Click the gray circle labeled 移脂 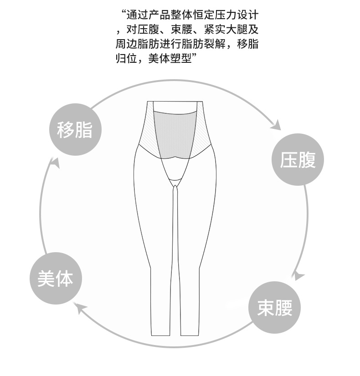(x=75, y=130)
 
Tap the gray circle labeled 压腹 (x=298, y=160)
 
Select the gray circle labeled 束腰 (x=274, y=308)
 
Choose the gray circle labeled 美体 (x=55, y=279)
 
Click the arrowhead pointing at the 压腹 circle (x=275, y=124)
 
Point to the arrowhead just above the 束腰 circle (x=298, y=275)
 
